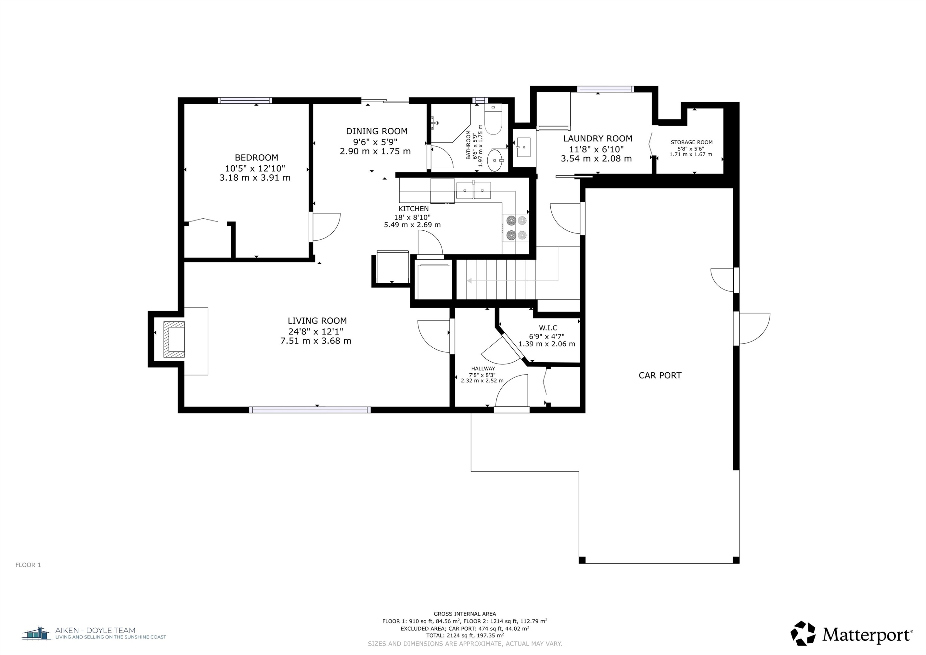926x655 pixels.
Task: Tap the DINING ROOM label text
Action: pyautogui.click(x=377, y=131)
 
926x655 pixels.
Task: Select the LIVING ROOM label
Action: pyautogui.click(x=317, y=321)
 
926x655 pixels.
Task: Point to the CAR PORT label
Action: pyautogui.click(x=660, y=375)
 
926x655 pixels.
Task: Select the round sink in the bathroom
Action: pyautogui.click(x=496, y=160)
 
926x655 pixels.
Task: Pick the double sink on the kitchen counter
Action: pyautogui.click(x=473, y=191)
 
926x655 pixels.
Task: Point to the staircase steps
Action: pyautogui.click(x=496, y=280)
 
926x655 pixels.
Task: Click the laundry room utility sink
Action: pyautogui.click(x=524, y=147)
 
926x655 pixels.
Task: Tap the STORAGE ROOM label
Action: pyautogui.click(x=691, y=142)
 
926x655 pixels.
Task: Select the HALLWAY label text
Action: pyautogui.click(x=483, y=368)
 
